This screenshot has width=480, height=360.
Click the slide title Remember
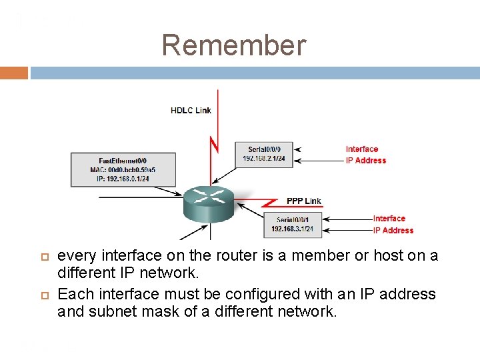click(234, 45)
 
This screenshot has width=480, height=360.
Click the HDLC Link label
click(191, 110)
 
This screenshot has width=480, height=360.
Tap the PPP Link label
click(303, 201)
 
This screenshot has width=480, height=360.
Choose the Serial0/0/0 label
click(264, 149)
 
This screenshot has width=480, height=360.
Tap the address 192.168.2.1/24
click(264, 159)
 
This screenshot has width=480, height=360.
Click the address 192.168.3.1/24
click(292, 229)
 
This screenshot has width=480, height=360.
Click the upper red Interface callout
click(361, 149)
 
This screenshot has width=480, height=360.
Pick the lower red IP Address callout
click(393, 231)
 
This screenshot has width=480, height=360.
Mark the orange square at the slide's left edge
click(14, 73)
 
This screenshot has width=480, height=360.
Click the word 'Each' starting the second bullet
click(75, 294)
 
